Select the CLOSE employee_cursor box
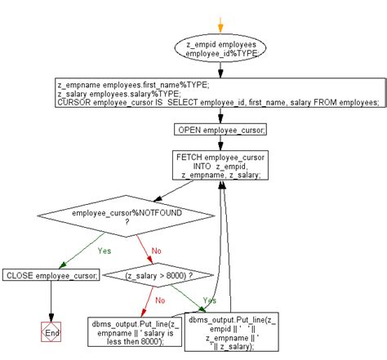[51, 275]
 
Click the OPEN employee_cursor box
[220, 129]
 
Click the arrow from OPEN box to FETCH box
[220, 143]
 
